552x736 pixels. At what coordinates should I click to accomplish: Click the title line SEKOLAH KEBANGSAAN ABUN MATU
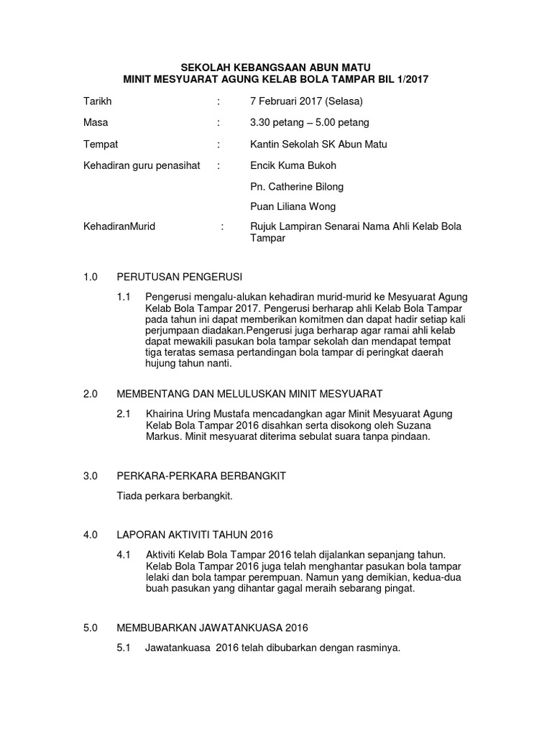275,66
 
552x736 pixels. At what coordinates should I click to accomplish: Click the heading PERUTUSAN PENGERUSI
180,277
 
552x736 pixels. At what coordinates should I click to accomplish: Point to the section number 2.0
90,394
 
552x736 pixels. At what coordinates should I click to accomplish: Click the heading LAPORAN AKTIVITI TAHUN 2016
195,535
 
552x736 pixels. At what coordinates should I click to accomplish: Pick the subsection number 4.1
124,556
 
